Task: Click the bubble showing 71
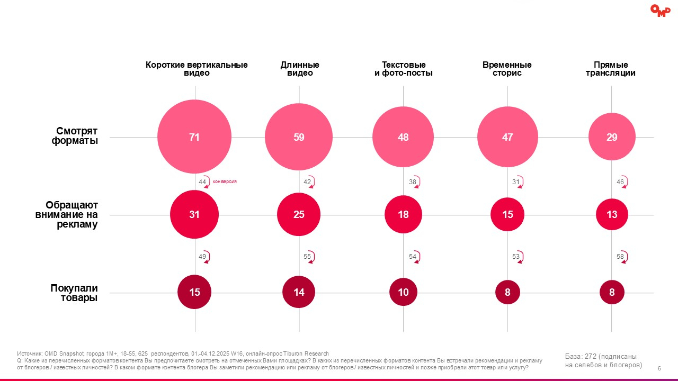point(194,137)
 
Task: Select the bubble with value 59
point(299,137)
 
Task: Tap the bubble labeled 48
point(403,137)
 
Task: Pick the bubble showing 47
point(507,137)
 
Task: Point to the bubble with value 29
point(612,137)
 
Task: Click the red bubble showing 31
point(194,215)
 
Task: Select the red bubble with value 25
point(299,215)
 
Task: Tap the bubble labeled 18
point(403,215)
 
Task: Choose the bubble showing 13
point(612,215)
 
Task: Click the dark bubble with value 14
point(299,292)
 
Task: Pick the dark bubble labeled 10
point(403,292)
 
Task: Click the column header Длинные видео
point(300,69)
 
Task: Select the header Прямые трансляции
point(611,69)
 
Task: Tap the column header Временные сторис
point(507,69)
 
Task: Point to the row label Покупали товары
point(74,293)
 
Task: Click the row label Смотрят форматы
point(75,136)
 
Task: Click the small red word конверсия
point(225,182)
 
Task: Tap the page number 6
point(659,368)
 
